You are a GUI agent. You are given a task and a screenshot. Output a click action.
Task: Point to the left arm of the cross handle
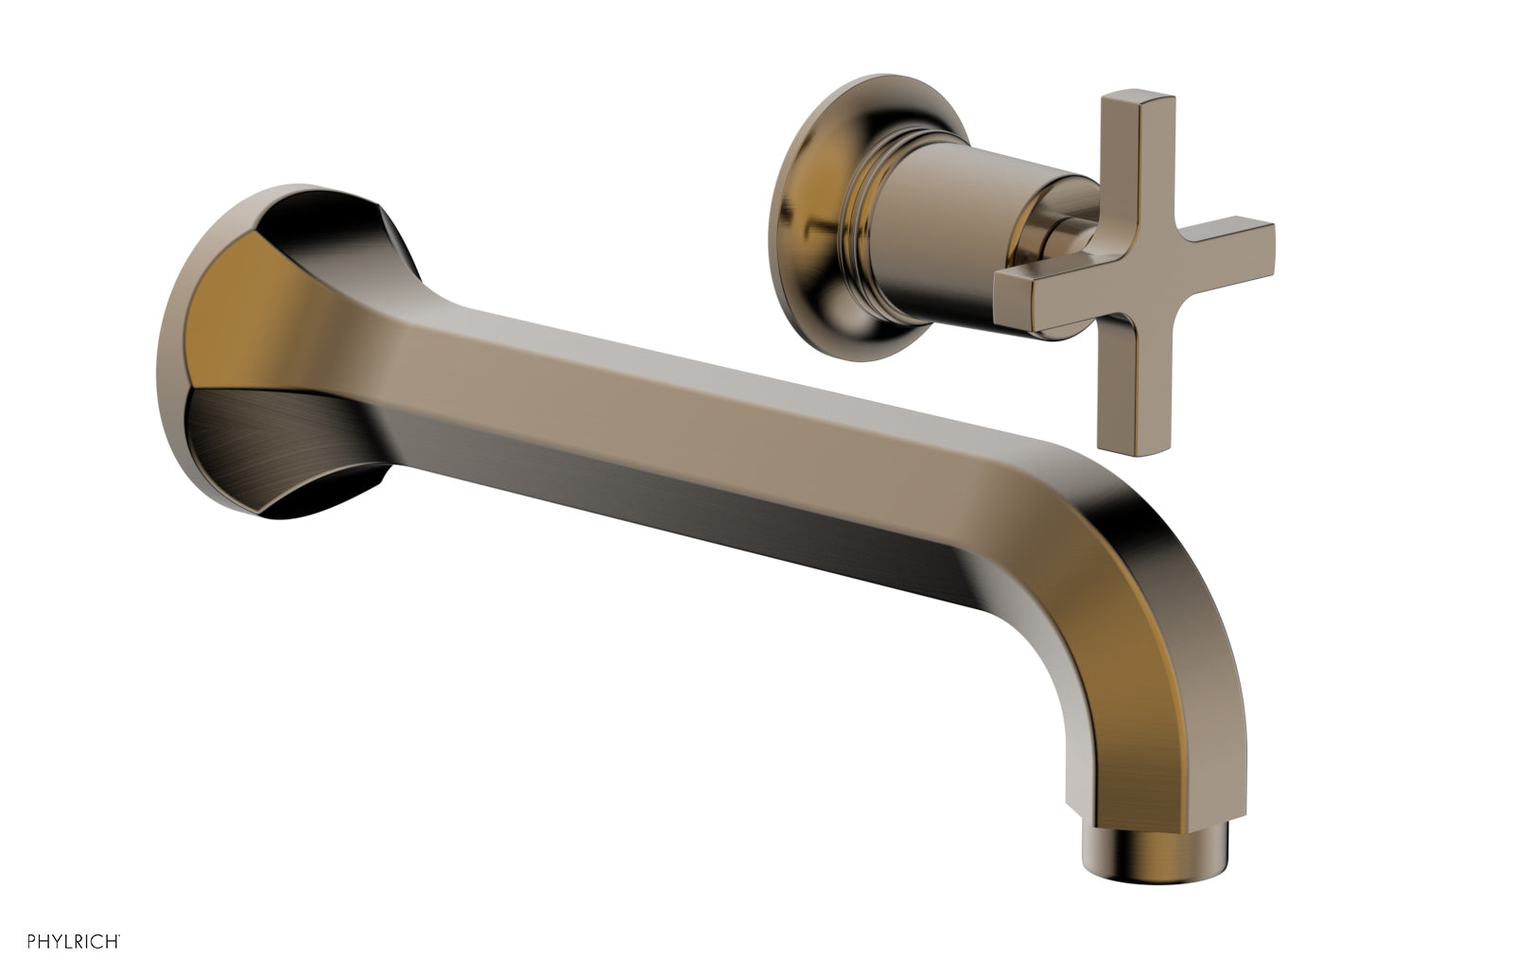pyautogui.click(x=1031, y=288)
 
